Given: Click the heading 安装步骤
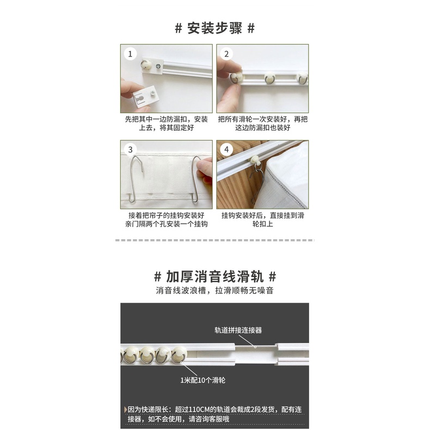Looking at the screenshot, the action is [214, 28].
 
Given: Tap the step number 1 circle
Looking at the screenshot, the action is [130, 54].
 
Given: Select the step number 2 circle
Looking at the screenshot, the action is [226, 54].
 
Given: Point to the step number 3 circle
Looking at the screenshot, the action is [130, 150].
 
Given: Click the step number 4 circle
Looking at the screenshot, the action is [226, 150].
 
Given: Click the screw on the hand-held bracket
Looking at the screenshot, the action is [152, 93].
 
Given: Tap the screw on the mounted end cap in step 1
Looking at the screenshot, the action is [158, 66].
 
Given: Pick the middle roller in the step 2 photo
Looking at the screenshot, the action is [270, 78].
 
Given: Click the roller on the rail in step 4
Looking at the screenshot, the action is [255, 160].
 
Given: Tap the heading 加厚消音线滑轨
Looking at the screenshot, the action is [214, 277].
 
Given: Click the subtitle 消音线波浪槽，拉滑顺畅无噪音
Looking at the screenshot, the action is [214, 291].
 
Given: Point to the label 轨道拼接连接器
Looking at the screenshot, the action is [238, 330].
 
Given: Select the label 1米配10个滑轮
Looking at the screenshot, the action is [202, 380].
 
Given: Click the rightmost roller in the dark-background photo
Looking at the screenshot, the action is [180, 354].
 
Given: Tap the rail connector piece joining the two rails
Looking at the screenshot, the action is [256, 353].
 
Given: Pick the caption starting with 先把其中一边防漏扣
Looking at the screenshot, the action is [167, 124].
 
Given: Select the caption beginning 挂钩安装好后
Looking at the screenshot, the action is [263, 219].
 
